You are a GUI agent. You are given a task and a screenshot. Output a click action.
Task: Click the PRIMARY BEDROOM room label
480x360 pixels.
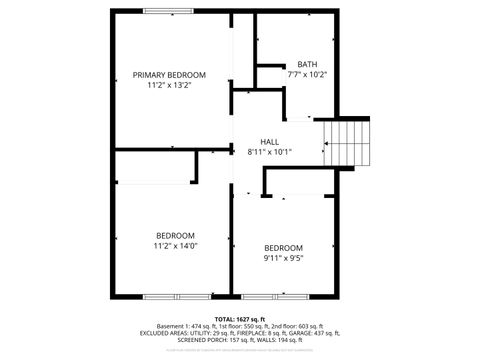point(169,75)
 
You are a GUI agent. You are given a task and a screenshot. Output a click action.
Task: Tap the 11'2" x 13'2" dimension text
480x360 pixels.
point(169,86)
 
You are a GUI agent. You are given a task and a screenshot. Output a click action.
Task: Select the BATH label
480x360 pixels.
point(307,64)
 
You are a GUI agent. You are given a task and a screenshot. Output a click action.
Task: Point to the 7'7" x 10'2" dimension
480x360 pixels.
point(307,74)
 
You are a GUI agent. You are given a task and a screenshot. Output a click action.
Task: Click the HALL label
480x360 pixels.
point(270,142)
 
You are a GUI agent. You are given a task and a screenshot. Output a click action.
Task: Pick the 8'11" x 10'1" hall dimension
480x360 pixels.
point(270,152)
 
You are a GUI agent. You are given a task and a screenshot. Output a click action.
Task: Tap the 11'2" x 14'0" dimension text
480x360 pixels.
point(175,245)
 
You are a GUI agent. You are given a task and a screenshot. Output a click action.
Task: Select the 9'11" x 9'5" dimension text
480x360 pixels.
point(283,258)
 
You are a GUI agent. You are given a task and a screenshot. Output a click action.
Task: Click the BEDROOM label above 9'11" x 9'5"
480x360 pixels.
point(283,247)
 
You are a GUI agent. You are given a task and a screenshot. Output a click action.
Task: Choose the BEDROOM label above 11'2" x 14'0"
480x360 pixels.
point(175,235)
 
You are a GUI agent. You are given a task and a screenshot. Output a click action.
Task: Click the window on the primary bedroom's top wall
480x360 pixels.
point(169,11)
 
